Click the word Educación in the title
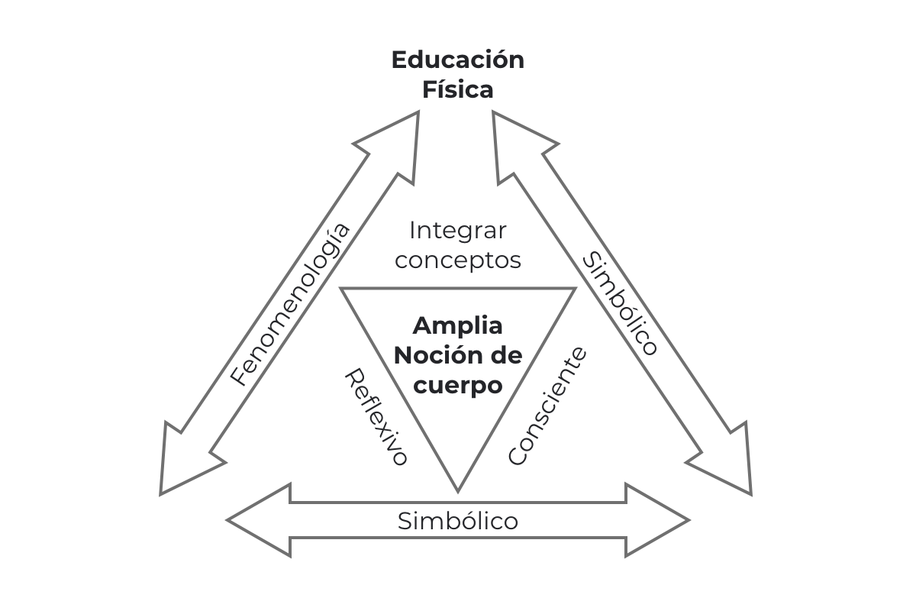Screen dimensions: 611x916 (457, 60)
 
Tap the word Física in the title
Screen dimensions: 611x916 (457, 90)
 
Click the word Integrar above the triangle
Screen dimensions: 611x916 (457, 229)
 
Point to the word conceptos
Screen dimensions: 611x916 (457, 260)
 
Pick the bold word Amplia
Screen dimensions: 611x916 (457, 325)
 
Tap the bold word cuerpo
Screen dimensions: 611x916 (457, 385)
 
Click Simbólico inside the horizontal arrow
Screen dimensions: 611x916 (457, 522)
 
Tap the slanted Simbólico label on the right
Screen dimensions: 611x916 (620, 304)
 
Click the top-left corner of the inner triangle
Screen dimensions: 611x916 (342, 289)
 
